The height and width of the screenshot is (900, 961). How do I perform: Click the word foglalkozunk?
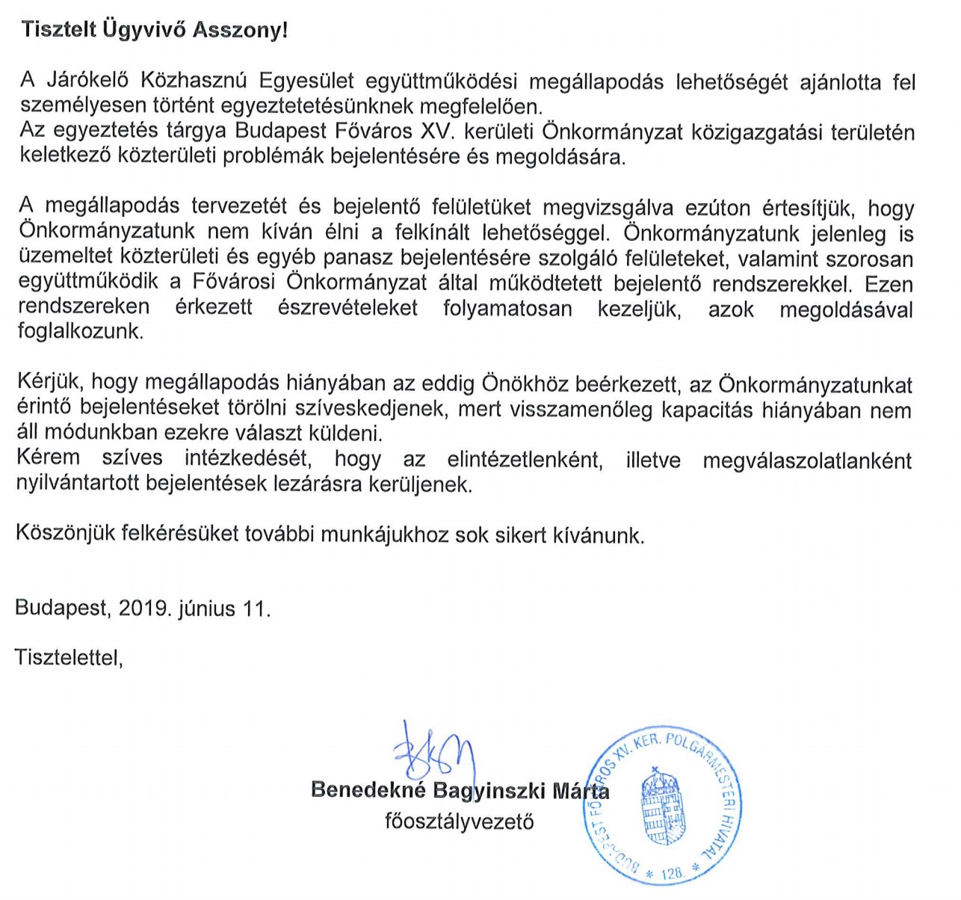pyautogui.click(x=80, y=331)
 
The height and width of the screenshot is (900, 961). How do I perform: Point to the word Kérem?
pyautogui.click(x=49, y=457)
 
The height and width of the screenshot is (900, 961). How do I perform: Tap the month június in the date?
pyautogui.click(x=207, y=608)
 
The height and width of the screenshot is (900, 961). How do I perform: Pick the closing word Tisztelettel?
pyautogui.click(x=68, y=657)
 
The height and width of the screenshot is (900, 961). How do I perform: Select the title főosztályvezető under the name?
pyautogui.click(x=460, y=822)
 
